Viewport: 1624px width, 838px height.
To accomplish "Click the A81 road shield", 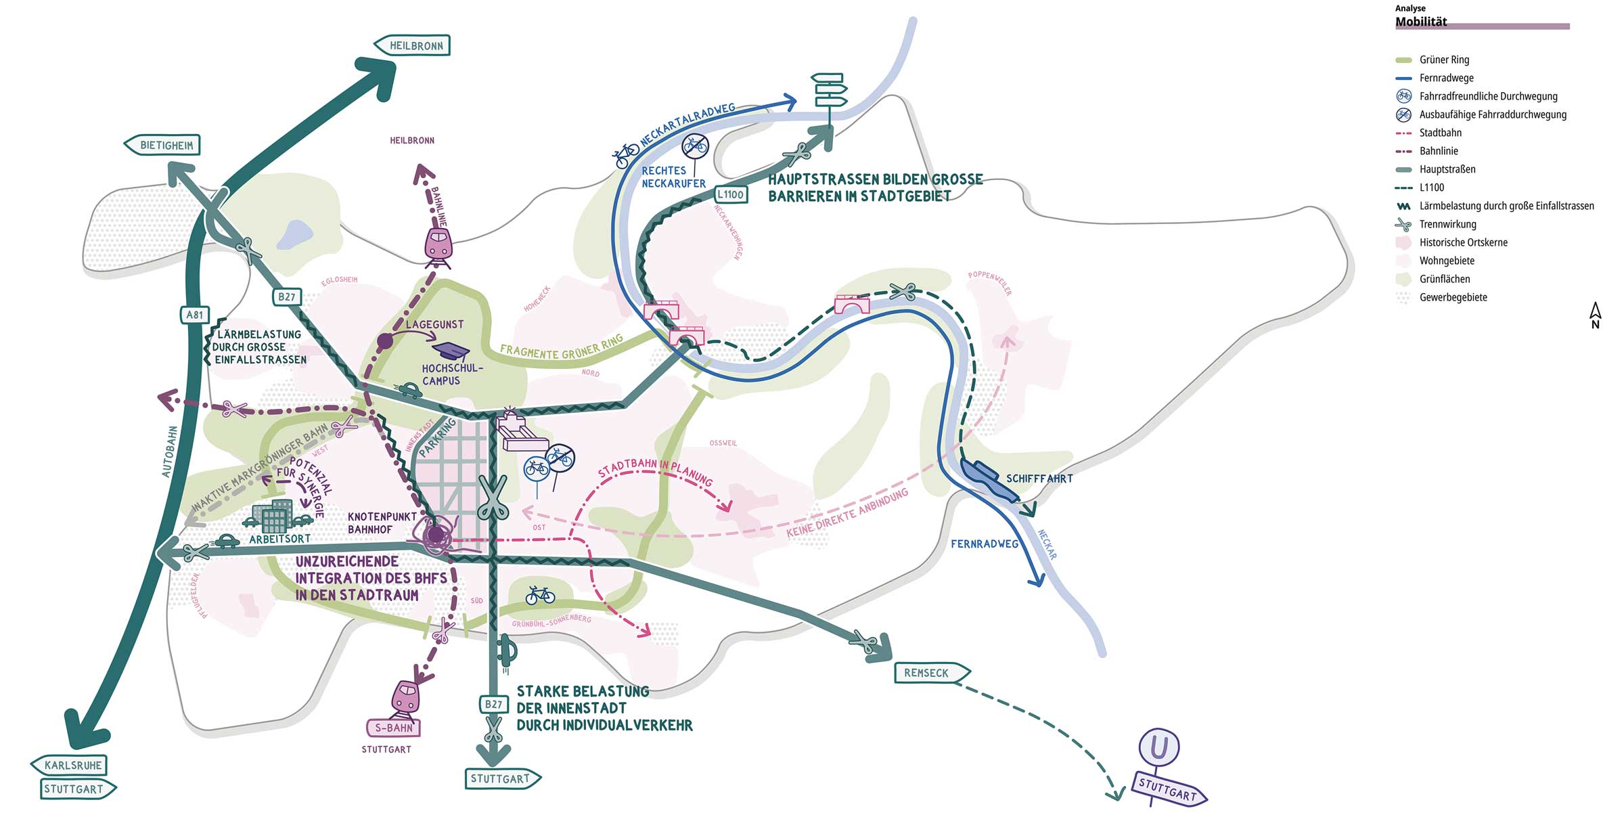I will [194, 315].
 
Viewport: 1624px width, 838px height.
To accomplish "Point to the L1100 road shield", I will [731, 194].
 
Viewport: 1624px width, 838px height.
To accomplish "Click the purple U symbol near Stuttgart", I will [1158, 747].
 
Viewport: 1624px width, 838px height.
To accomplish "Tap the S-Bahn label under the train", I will [393, 728].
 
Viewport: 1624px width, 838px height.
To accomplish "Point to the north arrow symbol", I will [1595, 315].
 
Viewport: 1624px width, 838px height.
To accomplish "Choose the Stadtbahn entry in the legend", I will [1441, 133].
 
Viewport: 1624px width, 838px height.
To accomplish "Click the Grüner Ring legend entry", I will [1444, 60].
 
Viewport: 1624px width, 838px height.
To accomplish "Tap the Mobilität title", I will [1421, 22].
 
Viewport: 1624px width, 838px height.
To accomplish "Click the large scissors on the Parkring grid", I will [493, 497].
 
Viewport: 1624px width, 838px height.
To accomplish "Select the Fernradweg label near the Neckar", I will [985, 544].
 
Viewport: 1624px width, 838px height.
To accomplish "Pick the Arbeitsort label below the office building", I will [279, 539].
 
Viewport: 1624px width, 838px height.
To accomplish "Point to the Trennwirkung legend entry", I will [1447, 224].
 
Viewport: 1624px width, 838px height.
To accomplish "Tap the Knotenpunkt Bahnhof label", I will [382, 523].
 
